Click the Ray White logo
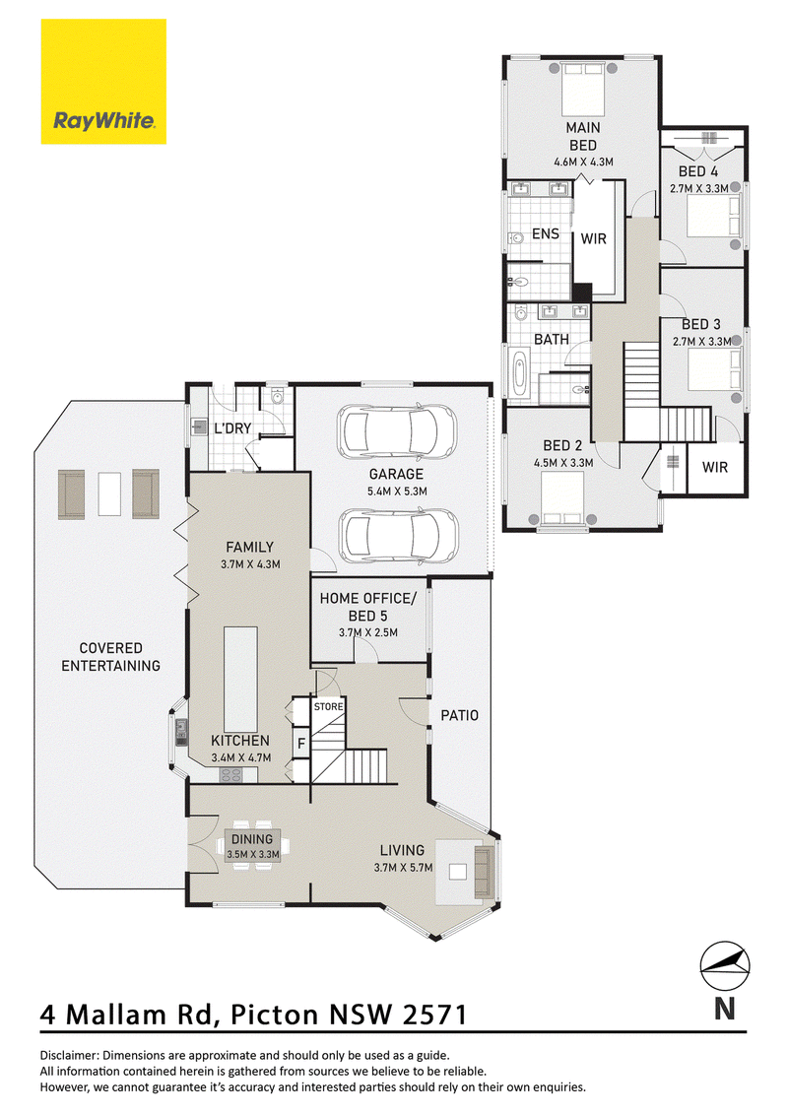click(103, 82)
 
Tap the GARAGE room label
click(396, 474)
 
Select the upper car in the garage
click(397, 432)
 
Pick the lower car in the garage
click(398, 536)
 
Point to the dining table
click(252, 846)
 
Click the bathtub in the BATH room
click(520, 374)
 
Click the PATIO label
click(459, 715)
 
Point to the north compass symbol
click(725, 966)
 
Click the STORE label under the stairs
click(329, 707)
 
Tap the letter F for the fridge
click(301, 744)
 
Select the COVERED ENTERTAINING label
click(111, 657)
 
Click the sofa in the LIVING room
click(484, 871)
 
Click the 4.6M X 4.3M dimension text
click(583, 162)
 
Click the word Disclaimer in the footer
click(68, 1056)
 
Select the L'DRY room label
click(232, 428)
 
